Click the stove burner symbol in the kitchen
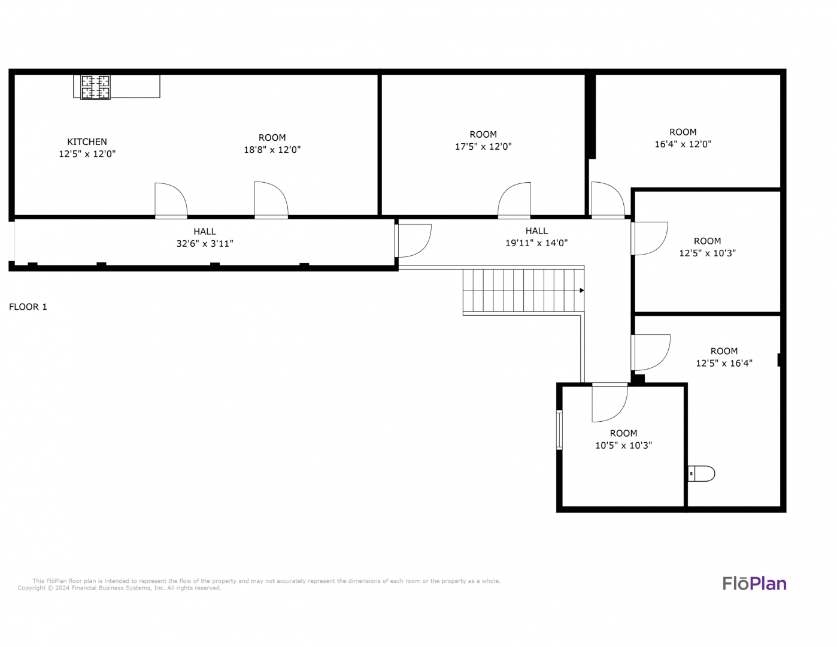(96, 87)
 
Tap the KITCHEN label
(87, 142)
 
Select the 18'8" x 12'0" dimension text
(272, 150)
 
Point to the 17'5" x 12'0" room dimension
(483, 146)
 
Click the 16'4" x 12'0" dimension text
(683, 144)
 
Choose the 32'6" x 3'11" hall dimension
(205, 244)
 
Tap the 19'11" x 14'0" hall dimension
(536, 243)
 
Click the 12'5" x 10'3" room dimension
(707, 253)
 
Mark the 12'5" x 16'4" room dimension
(724, 363)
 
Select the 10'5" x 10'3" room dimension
(624, 445)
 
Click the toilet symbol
(702, 474)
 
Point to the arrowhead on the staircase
(582, 291)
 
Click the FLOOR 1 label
(28, 307)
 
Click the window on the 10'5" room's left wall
(559, 430)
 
